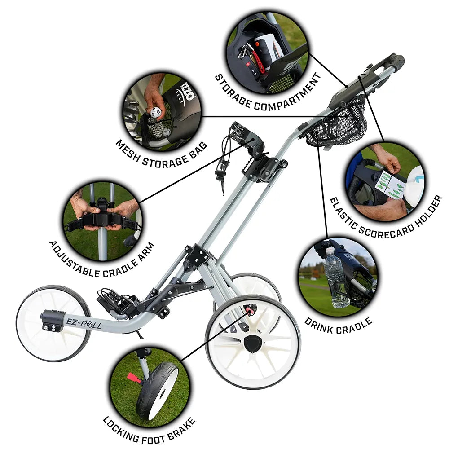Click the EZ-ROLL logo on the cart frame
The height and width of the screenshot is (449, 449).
click(x=84, y=323)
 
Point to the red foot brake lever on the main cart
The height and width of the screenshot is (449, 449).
click(x=250, y=309)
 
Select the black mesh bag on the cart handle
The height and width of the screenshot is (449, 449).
click(x=338, y=123)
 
